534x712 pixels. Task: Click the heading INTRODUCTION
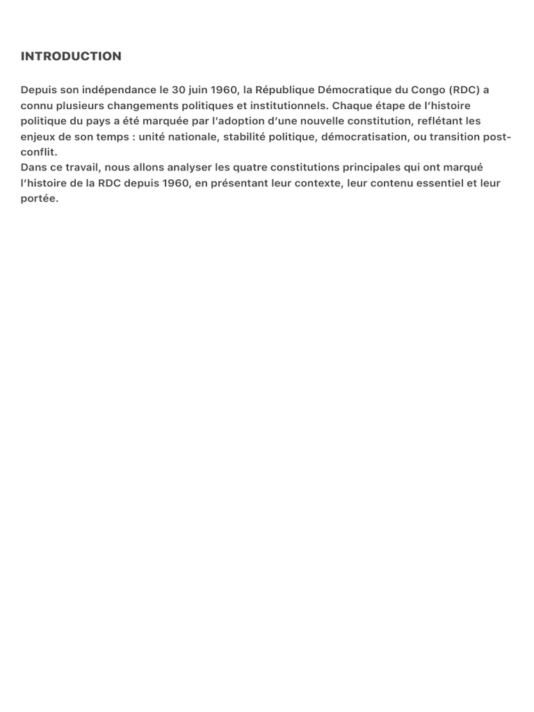(x=71, y=56)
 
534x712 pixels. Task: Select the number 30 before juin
(x=178, y=90)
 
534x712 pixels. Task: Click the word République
(x=284, y=90)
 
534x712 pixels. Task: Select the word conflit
(x=38, y=152)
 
